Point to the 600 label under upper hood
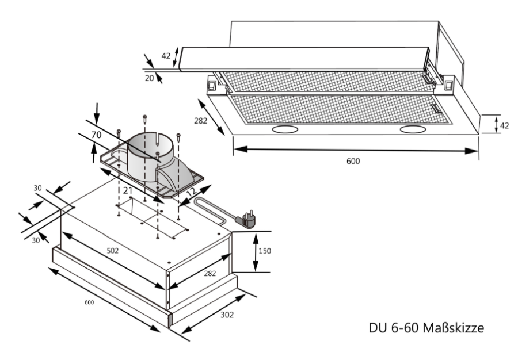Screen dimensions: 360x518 coord(353,162)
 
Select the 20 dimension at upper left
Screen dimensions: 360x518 coord(148,78)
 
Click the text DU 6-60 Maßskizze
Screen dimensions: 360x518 coord(425,328)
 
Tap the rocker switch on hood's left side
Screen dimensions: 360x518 coord(212,86)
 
